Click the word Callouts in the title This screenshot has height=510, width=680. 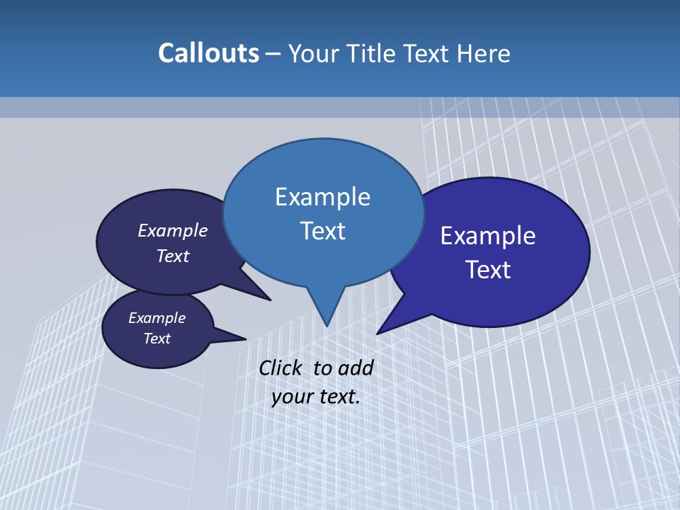[208, 53]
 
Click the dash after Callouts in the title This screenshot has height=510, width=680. [273, 54]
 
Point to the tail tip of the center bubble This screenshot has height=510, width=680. [327, 326]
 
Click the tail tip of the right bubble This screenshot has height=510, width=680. [378, 334]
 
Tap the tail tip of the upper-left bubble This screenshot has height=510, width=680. [270, 300]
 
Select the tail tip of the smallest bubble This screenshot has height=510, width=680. [245, 339]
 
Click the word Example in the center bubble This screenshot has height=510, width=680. [322, 197]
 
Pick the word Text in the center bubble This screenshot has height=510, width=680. [322, 231]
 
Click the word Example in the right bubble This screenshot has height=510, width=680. [488, 236]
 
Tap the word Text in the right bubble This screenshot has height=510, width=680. [488, 270]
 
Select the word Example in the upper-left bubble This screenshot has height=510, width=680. [173, 230]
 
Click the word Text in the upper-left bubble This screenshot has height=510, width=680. [173, 256]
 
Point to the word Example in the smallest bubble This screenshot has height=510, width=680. [157, 318]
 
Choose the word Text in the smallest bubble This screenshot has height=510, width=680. [157, 339]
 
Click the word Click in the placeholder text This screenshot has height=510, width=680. [280, 368]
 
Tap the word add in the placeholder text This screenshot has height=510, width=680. [356, 368]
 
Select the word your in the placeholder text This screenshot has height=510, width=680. [292, 397]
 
